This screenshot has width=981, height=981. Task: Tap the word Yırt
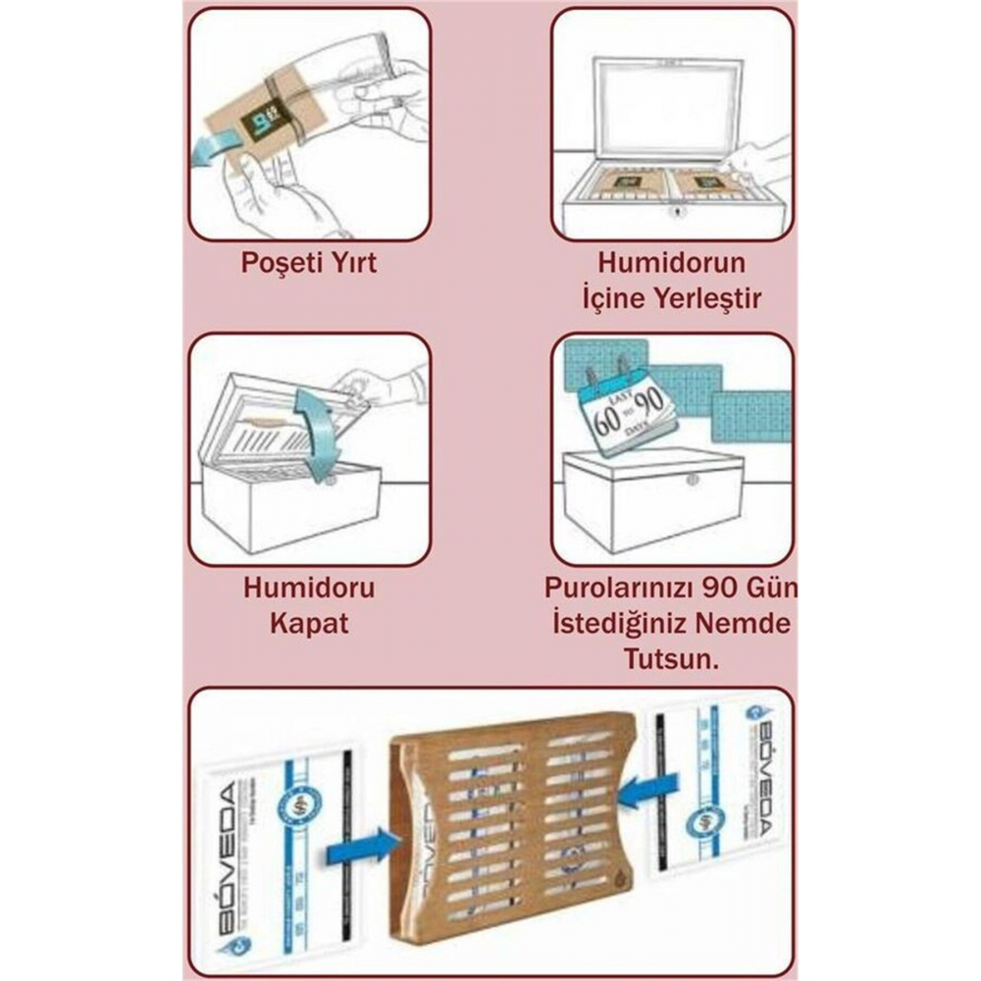[x=350, y=264]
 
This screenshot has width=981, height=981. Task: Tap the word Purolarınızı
[x=623, y=589]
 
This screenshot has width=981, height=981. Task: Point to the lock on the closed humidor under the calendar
[x=692, y=480]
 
